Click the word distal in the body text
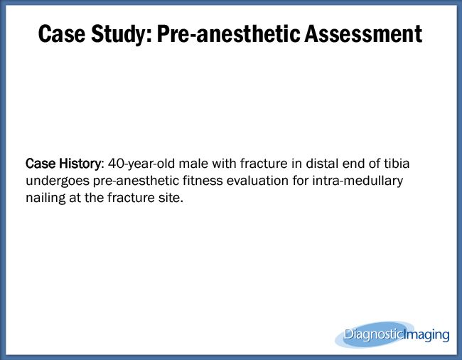click(310, 164)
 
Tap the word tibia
click(394, 164)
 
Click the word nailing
click(45, 198)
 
